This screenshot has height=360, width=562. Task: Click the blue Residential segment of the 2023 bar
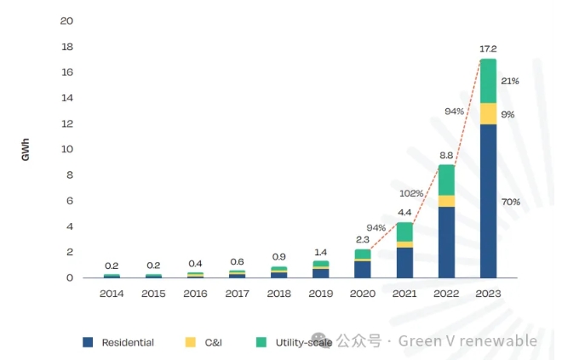[x=488, y=201]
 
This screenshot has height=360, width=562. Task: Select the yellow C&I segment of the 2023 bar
[x=488, y=114]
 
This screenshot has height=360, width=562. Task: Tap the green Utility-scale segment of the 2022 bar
[x=446, y=180]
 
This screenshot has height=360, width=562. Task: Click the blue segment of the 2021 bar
[x=404, y=262]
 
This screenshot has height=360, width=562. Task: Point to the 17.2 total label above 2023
[x=488, y=50]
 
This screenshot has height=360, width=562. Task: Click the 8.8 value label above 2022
[x=446, y=156]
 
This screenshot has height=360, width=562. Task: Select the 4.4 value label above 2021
[x=404, y=213]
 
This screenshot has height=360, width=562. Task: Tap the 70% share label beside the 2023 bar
[x=511, y=202]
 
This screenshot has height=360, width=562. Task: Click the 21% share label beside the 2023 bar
[x=511, y=81]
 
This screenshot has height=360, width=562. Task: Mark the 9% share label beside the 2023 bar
[x=508, y=114]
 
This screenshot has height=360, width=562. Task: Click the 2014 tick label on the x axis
[x=112, y=294]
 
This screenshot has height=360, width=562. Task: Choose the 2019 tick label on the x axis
[x=320, y=294]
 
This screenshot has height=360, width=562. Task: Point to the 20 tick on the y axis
[x=67, y=20]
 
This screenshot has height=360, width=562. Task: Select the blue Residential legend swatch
[x=88, y=342]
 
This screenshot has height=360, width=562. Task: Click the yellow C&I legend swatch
[x=189, y=342]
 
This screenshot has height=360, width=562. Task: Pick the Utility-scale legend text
[x=297, y=342]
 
